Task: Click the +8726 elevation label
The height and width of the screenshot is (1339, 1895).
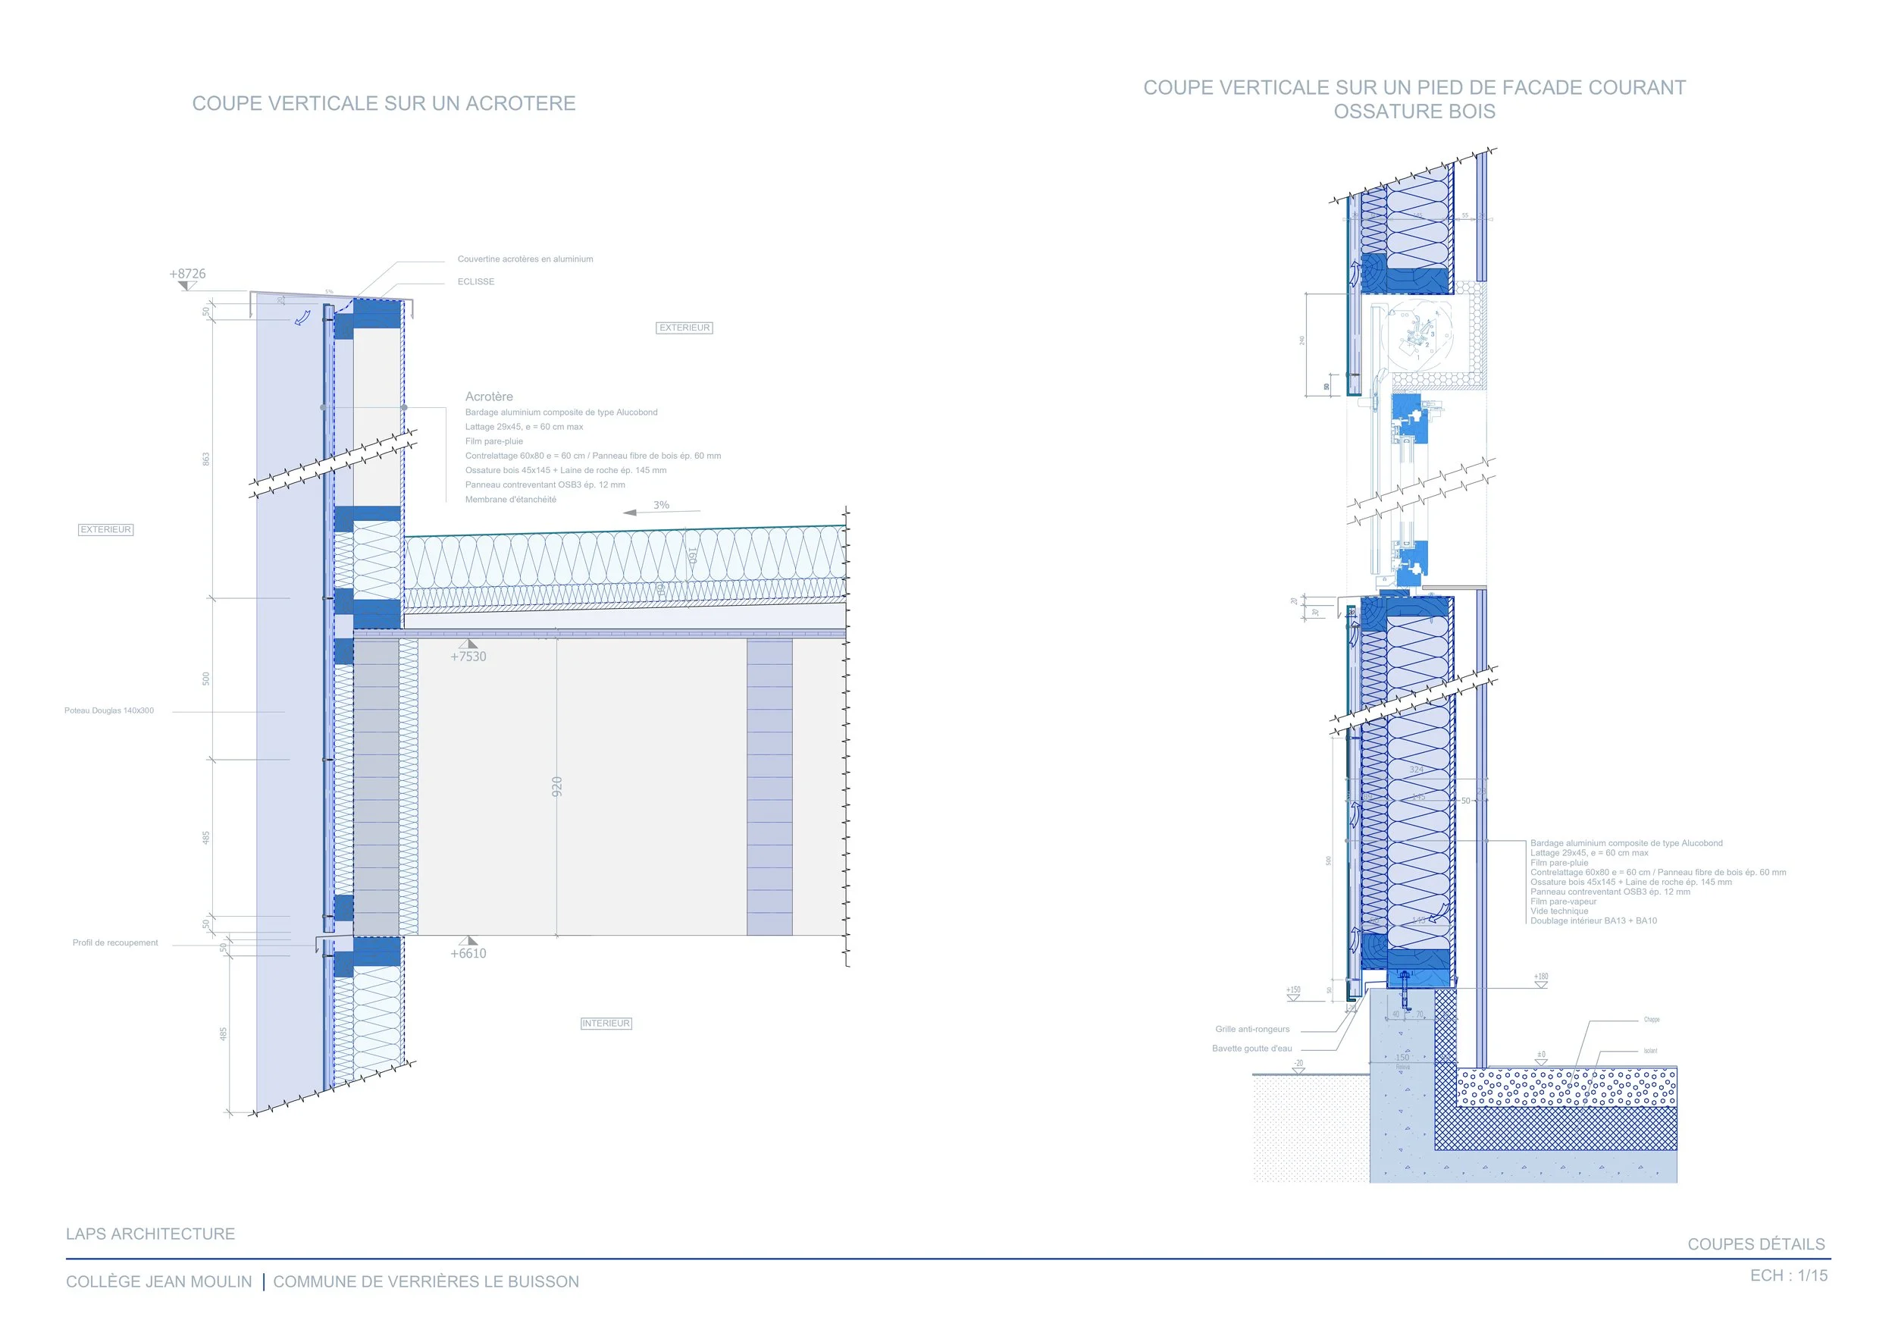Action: [187, 273]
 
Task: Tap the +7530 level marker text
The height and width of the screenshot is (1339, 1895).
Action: [468, 657]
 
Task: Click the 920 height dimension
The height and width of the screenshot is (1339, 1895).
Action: [557, 786]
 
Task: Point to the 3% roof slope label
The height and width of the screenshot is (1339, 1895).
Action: [661, 504]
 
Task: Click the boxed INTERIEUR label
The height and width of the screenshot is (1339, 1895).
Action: [606, 1023]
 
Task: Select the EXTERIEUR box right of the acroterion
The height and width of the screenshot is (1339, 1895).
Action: [684, 328]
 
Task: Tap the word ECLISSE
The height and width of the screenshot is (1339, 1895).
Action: [476, 281]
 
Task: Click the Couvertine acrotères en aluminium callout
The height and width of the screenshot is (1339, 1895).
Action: [525, 259]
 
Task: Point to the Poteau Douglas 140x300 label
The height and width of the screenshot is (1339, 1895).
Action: [109, 710]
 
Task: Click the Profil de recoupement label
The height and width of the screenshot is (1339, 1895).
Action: [114, 942]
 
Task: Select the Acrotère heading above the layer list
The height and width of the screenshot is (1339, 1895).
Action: [489, 397]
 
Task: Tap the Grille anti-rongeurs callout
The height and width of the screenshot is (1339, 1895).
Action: [1252, 1029]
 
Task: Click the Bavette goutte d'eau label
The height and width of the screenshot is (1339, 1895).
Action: [1252, 1049]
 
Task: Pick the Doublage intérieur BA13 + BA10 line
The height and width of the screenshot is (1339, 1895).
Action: [1593, 920]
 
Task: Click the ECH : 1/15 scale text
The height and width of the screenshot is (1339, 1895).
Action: [1789, 1275]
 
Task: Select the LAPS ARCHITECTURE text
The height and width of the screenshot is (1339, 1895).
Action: [150, 1234]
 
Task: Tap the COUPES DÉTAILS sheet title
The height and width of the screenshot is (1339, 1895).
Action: [1756, 1244]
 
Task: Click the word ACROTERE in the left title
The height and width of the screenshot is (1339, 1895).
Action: [520, 103]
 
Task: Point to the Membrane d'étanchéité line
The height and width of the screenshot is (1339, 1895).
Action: [510, 500]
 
